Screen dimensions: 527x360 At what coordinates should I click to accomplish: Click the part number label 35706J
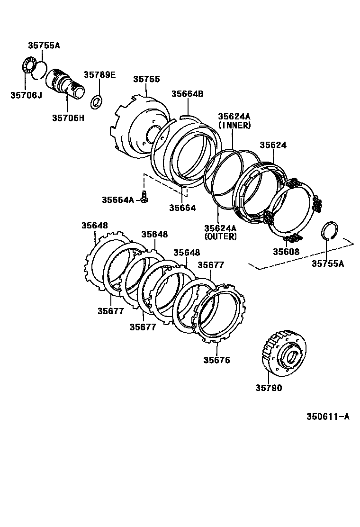coord(26,95)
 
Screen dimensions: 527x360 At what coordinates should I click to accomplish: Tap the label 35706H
coord(68,118)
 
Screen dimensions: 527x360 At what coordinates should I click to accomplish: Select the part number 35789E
coord(99,74)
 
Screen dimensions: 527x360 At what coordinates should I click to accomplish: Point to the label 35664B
coord(187,94)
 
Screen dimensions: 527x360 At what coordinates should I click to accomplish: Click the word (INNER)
coord(234,125)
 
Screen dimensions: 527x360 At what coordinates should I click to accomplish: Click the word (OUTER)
coord(220,236)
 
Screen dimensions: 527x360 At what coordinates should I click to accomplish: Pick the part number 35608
coord(286,251)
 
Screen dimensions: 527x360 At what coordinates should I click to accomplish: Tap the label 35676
coord(217,360)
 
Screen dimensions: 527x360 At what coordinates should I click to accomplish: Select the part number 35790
coord(269,388)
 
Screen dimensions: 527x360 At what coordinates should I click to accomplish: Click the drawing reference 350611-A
coord(328,417)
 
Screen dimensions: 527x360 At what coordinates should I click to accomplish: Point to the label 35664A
coord(118,200)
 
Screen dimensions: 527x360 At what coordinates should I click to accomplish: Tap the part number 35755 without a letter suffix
coord(146,80)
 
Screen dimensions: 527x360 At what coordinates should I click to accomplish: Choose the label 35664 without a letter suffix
coord(182,208)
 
